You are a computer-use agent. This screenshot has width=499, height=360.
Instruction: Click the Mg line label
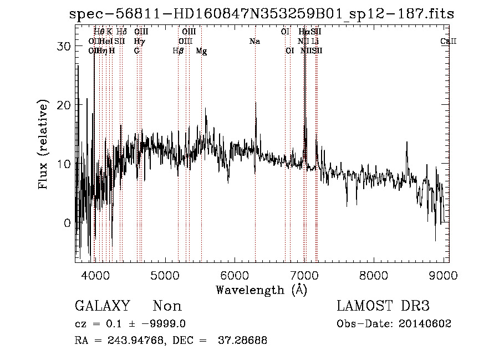coord(202,51)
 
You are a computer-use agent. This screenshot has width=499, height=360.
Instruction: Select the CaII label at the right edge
coord(448,42)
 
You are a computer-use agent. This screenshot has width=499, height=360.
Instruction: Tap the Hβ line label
coord(178,51)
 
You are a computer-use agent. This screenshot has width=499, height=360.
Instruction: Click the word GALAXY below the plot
coord(102,306)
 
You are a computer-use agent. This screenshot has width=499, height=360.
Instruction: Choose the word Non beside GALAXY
coord(167,306)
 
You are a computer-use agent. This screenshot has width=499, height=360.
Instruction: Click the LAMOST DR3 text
coord(383,306)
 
